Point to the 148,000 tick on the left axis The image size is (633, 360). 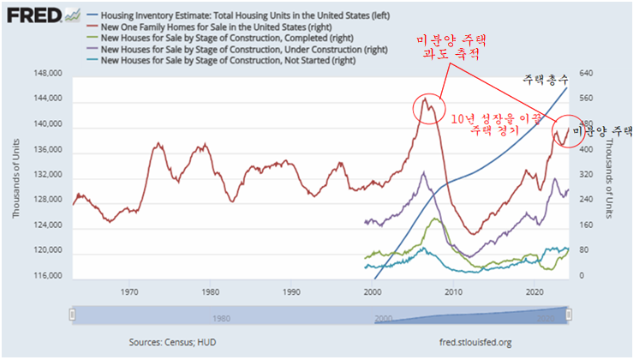[x=50, y=74]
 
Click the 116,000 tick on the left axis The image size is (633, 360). [x=50, y=277]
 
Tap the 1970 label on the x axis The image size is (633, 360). [x=129, y=291]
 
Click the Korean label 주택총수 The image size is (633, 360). [x=544, y=79]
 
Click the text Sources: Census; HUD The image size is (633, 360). [x=174, y=342]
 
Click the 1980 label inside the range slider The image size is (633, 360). [x=221, y=318]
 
